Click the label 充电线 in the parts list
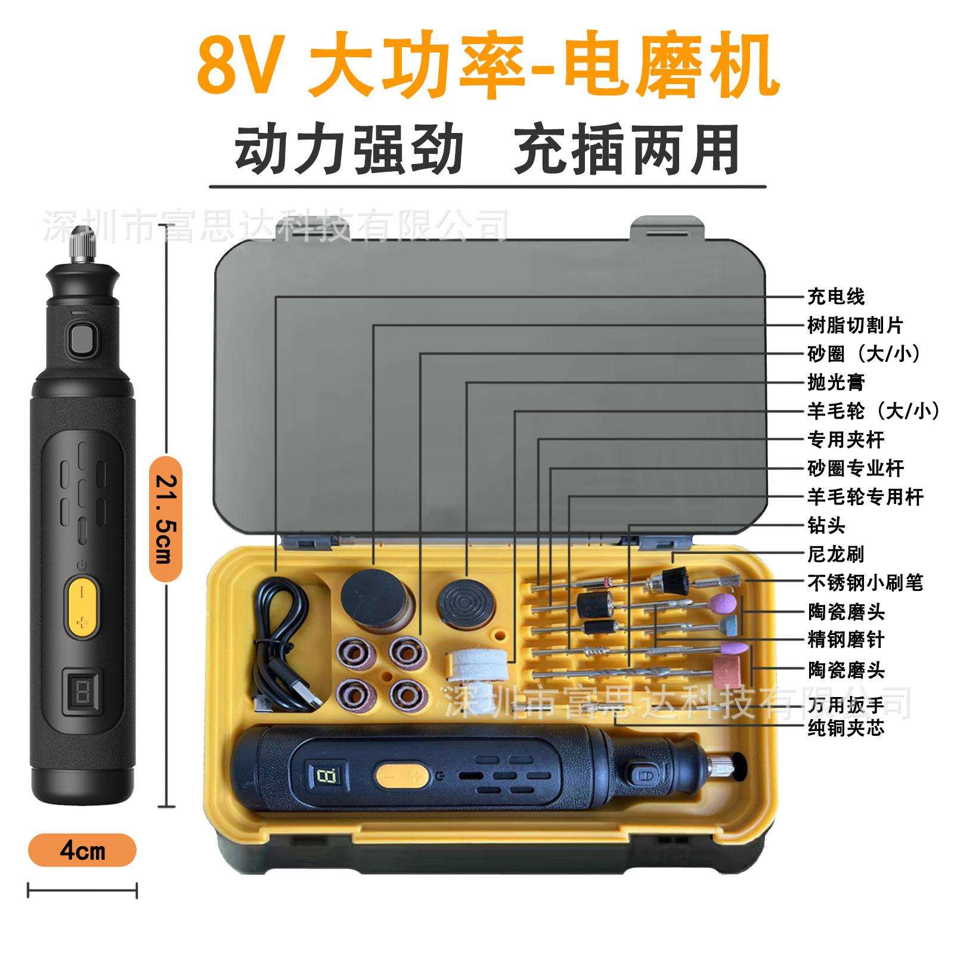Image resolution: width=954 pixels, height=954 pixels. (x=836, y=296)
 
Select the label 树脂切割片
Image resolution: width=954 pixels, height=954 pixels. (x=855, y=325)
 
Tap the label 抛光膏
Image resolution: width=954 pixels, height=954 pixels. (x=836, y=382)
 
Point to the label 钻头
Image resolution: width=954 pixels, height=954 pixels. (x=826, y=525)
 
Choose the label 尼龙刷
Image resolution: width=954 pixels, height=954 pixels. (x=836, y=554)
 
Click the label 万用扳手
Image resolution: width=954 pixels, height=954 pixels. (x=846, y=705)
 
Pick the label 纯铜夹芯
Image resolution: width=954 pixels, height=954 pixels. (x=846, y=728)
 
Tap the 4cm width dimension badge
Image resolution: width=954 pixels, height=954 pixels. (x=82, y=851)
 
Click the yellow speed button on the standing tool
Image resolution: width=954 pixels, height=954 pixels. (x=82, y=606)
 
